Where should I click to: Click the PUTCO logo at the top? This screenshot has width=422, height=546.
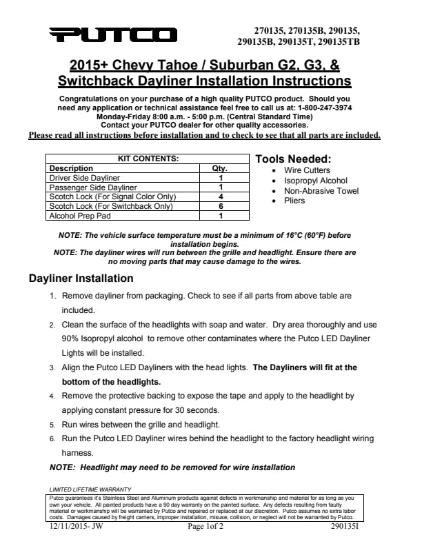pyautogui.click(x=113, y=34)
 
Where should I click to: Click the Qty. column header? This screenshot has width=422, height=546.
pyautogui.click(x=219, y=168)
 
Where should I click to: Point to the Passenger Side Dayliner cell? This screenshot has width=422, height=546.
pyautogui.click(x=93, y=187)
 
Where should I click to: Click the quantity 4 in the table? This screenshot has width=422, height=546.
pyautogui.click(x=220, y=196)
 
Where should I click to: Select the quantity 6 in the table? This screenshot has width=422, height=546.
pyautogui.click(x=220, y=206)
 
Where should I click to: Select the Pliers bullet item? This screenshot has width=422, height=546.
pyautogui.click(x=294, y=201)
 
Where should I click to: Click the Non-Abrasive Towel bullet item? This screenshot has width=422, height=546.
pyautogui.click(x=321, y=191)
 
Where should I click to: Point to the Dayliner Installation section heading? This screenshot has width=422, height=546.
pyautogui.click(x=81, y=279)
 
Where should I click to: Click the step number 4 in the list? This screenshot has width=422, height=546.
pyautogui.click(x=52, y=397)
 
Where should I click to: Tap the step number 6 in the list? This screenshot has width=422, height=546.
pyautogui.click(x=52, y=438)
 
